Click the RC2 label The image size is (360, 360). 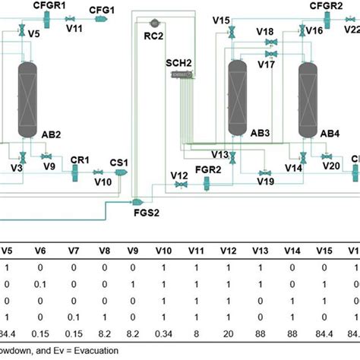coord(153,35)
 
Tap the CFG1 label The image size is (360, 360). coord(102,9)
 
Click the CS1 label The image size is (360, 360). coord(120,162)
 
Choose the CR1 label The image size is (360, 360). coord(80,160)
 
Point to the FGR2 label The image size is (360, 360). coord(207,169)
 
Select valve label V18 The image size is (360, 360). coord(265,32)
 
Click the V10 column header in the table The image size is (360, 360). coord(164,250)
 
